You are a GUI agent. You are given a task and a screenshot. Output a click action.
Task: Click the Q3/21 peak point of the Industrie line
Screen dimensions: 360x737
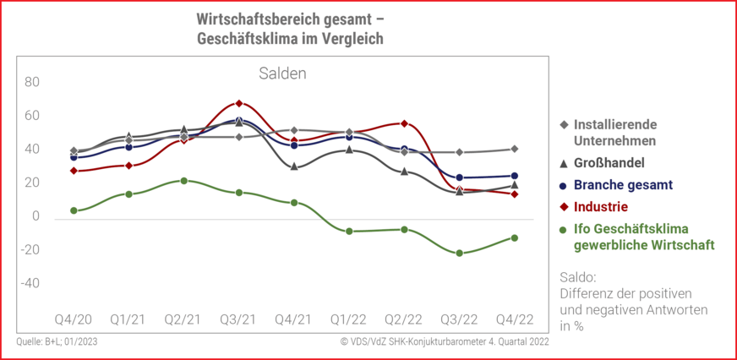click(x=239, y=103)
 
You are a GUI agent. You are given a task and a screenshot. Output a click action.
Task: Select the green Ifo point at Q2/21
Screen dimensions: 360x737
click(x=184, y=181)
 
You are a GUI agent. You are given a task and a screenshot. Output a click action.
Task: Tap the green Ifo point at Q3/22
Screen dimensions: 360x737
click(x=460, y=253)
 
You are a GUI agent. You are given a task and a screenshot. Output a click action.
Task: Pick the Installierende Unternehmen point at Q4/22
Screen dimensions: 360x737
click(x=515, y=149)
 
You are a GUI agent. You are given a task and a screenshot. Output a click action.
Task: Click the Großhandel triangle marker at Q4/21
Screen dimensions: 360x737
click(x=294, y=166)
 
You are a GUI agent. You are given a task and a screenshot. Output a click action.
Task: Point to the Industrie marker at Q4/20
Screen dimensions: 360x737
click(x=74, y=171)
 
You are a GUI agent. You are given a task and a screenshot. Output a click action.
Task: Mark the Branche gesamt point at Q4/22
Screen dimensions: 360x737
click(x=515, y=176)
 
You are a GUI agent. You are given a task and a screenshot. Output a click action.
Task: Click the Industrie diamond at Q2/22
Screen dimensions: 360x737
click(x=405, y=123)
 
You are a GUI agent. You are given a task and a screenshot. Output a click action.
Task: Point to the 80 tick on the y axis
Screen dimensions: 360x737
click(x=32, y=82)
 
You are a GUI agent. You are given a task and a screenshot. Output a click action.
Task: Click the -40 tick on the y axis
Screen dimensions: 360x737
click(x=30, y=283)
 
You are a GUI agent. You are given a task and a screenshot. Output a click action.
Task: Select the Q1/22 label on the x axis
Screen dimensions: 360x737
click(x=349, y=319)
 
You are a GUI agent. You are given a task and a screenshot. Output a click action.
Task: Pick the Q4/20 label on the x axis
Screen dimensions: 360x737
click(x=74, y=319)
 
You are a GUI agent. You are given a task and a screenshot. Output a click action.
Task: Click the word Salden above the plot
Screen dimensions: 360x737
click(x=282, y=74)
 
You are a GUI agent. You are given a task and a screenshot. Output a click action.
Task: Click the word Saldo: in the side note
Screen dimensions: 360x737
click(x=579, y=277)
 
